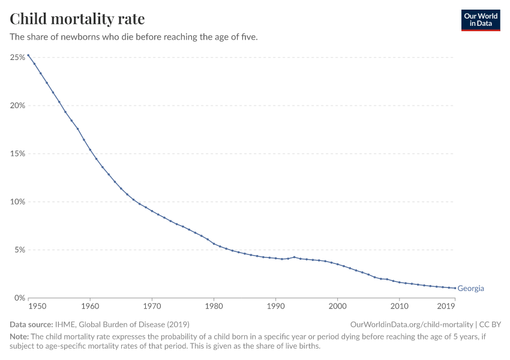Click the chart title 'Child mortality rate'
77,19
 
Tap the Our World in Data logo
480,20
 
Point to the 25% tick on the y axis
17,58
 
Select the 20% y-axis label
17,106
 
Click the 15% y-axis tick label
17,154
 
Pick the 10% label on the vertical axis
17,202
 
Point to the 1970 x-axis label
152,307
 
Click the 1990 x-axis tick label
275,307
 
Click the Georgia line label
470,289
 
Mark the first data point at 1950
28,55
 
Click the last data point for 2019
455,288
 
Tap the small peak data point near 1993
294,257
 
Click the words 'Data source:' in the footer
31,324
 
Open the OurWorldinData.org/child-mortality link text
412,324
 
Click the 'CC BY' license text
490,324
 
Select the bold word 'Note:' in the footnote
19,337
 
